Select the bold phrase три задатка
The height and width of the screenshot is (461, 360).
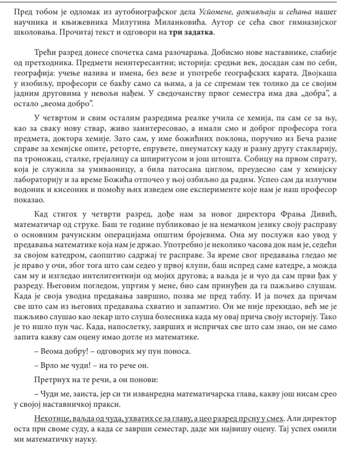(x=191, y=34)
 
